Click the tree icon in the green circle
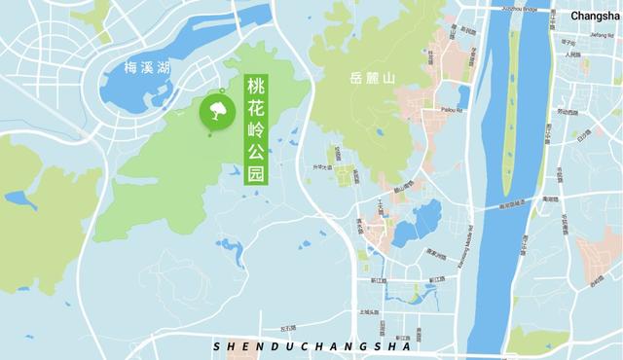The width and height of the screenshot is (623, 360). (x=218, y=109)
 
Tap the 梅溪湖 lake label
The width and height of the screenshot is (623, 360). (x=146, y=68)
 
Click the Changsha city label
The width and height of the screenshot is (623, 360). (x=593, y=16)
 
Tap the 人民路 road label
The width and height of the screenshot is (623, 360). (x=572, y=55)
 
